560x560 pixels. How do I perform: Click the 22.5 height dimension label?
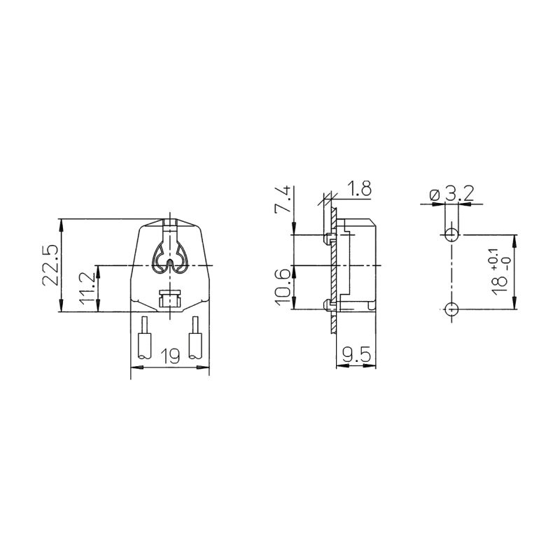click(50, 265)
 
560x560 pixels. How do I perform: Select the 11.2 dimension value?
click(86, 288)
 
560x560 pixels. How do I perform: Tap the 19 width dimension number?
click(169, 356)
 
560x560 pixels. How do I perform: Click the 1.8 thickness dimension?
click(359, 188)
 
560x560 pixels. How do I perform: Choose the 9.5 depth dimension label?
click(357, 356)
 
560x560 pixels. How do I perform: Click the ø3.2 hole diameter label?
click(451, 195)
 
